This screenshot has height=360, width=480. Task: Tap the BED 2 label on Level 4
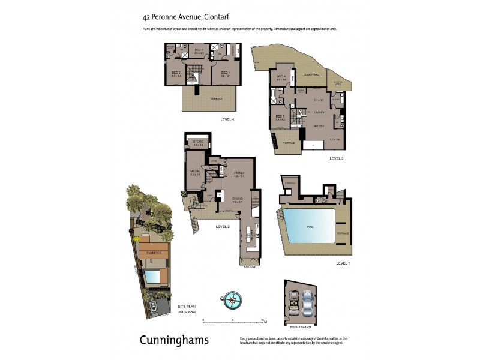[176, 73]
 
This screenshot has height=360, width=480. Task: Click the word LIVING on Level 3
[319, 112]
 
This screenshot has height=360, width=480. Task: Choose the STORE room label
[198, 142]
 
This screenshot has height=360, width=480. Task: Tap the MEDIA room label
[195, 171]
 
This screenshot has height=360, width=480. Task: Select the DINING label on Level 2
[236, 199]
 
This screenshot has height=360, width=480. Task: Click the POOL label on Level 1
[310, 227]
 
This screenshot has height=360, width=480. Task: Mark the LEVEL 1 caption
[343, 263]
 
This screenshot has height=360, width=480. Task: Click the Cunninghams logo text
[174, 340]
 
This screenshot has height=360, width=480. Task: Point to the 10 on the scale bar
[262, 320]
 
